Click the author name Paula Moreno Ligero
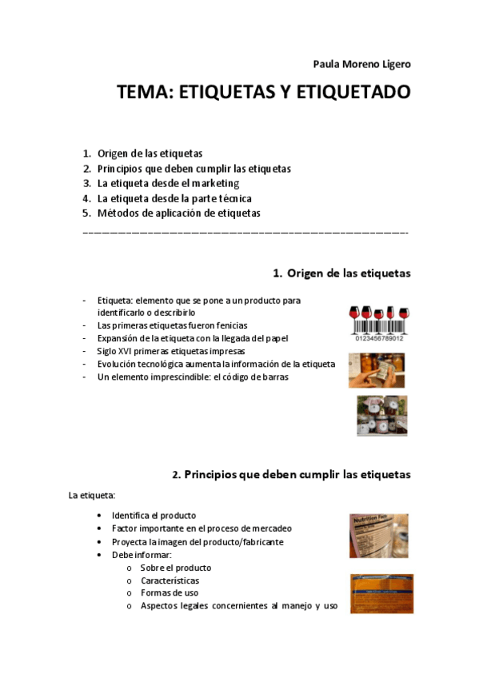click(361, 64)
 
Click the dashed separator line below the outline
click(245, 233)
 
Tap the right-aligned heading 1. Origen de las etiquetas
click(341, 273)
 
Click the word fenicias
click(228, 325)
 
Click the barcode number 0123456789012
click(379, 338)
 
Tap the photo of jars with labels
click(381, 416)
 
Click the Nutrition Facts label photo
click(379, 535)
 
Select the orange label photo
click(381, 592)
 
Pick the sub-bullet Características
click(170, 580)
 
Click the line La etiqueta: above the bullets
click(92, 496)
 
